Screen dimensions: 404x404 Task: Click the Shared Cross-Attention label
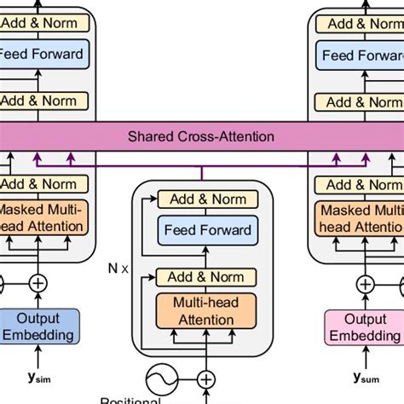(x=201, y=136)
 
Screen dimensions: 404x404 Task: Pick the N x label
(x=119, y=267)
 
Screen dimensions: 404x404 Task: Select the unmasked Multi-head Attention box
(x=205, y=312)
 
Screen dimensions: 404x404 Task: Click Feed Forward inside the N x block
(x=208, y=230)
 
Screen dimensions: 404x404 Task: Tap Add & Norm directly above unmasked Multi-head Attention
(x=205, y=277)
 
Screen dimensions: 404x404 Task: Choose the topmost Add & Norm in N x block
(x=208, y=199)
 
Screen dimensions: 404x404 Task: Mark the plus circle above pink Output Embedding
(x=365, y=284)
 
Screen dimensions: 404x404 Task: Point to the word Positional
(x=130, y=400)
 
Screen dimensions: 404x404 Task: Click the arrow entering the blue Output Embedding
(x=39, y=358)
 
